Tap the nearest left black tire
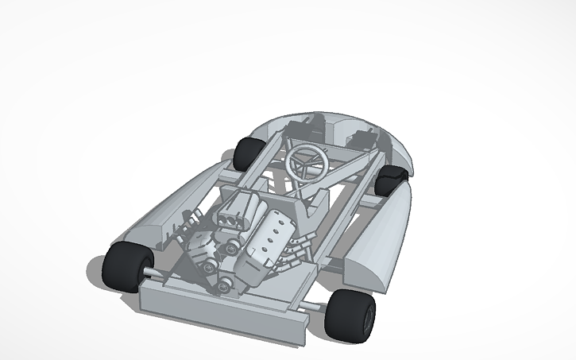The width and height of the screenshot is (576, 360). pos(123,266)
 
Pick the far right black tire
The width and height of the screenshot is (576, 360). pos(391,181)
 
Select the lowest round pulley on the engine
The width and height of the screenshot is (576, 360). pos(223,283)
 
